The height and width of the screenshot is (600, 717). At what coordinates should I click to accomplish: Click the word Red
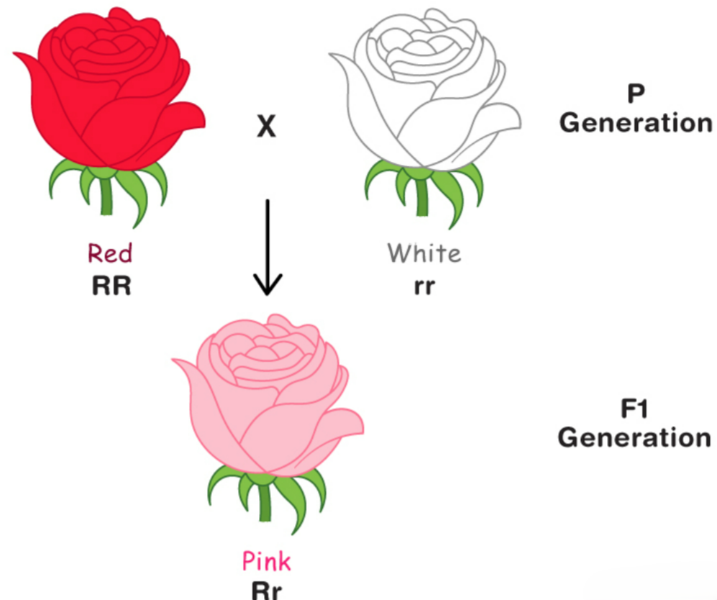(x=110, y=253)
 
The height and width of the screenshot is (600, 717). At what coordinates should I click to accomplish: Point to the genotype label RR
(x=112, y=286)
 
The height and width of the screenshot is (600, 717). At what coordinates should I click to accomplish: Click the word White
(x=424, y=253)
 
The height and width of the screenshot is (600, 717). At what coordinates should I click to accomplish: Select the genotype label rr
(x=424, y=286)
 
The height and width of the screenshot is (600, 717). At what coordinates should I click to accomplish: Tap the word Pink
(x=266, y=560)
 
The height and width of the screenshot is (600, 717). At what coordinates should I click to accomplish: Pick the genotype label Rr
(x=266, y=590)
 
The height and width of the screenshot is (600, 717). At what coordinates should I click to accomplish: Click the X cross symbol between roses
(x=266, y=128)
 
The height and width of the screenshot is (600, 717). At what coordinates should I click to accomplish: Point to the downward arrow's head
(x=267, y=288)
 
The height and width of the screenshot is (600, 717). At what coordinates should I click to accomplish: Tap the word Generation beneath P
(x=634, y=122)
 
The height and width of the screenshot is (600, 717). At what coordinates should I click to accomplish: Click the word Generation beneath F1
(x=634, y=437)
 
